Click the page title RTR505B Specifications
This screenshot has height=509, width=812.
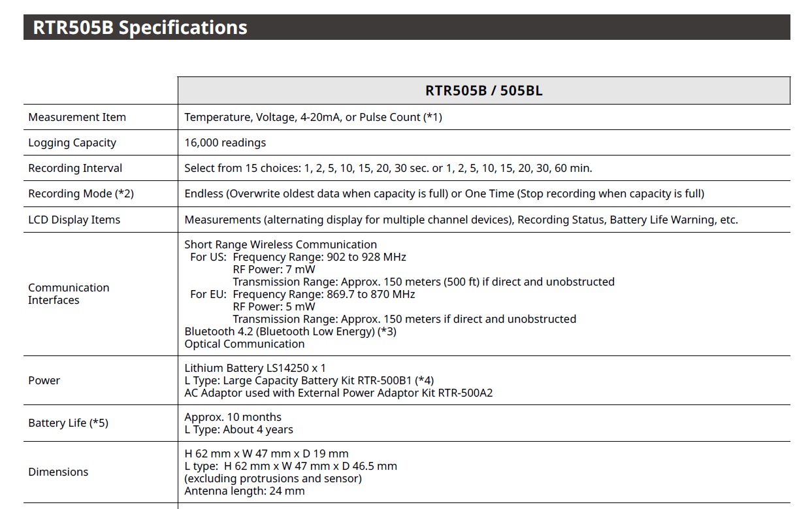pos(140,28)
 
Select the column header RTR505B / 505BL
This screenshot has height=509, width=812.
pos(483,91)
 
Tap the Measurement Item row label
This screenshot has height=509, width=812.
pos(77,118)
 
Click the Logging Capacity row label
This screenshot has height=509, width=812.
pos(72,143)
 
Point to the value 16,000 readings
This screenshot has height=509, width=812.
pos(225,143)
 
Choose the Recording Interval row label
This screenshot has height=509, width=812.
pos(75,169)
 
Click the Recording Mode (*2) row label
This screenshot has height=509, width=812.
pos(81,194)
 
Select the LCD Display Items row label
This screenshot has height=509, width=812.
pos(74,220)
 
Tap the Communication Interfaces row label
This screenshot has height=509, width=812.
pos(69,294)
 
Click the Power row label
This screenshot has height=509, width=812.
pos(44,380)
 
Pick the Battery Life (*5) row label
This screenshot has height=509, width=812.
pos(68,423)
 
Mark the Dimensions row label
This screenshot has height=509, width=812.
pos(58,472)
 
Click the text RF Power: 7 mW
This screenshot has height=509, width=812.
pos(274,269)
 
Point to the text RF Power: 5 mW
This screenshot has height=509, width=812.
pos(274,306)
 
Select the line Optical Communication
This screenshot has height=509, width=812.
pos(244,344)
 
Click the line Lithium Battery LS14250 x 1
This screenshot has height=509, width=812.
pos(255,368)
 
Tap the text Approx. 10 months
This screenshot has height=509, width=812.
pos(233,417)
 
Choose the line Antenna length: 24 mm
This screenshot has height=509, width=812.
pos(244,491)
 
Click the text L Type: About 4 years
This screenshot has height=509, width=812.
pos(238,429)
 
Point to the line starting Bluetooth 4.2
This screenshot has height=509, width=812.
pos(290,332)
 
